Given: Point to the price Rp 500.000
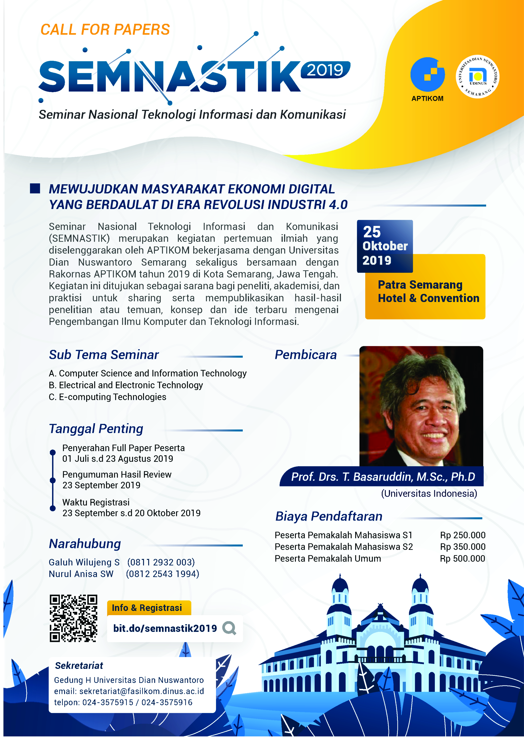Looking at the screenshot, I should [x=462, y=558].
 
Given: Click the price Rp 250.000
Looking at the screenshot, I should [x=462, y=535].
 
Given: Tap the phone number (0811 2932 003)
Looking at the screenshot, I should [x=161, y=562].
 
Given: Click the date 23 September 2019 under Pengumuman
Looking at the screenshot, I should [x=101, y=485].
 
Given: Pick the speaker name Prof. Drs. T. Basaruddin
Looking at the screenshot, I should [x=383, y=477].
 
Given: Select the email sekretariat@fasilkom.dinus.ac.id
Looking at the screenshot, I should [x=142, y=691].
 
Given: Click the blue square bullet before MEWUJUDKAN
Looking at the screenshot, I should [x=35, y=188].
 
